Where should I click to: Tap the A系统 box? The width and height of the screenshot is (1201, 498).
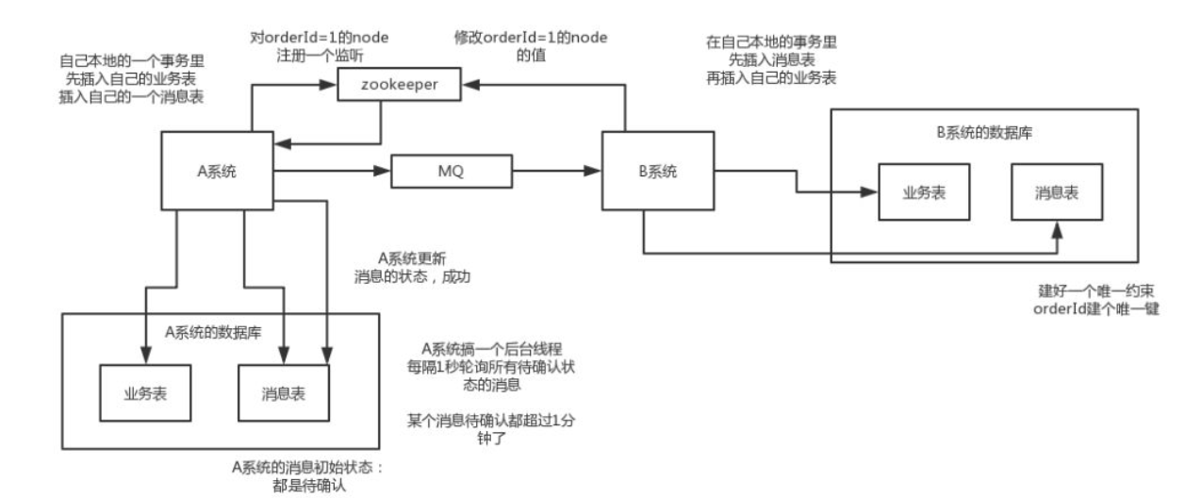216,171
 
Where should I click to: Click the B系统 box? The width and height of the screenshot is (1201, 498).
658,172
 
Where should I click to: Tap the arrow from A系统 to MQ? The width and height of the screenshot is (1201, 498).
330,172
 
